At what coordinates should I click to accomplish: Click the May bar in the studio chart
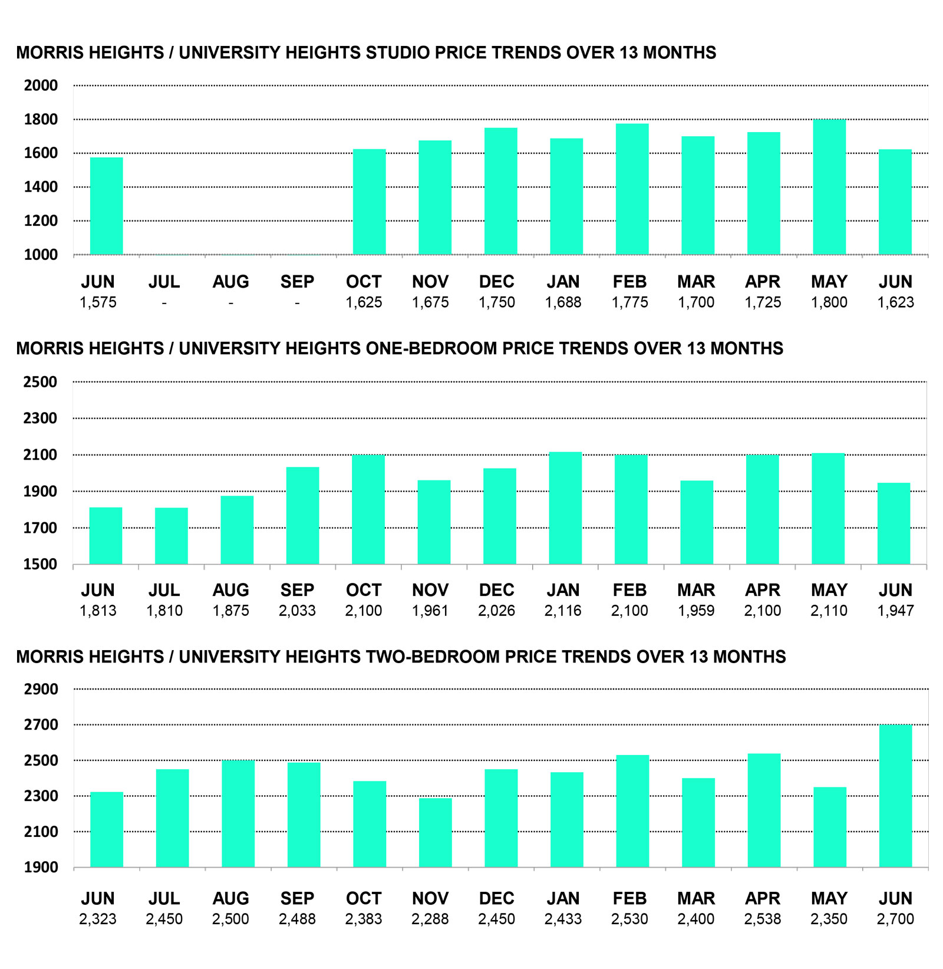tap(829, 187)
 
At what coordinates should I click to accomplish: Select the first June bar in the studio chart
tap(107, 206)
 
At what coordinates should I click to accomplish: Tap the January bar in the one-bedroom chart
tap(565, 508)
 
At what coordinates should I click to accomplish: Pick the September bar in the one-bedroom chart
tap(302, 516)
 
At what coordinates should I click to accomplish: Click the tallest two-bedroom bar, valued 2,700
tap(895, 796)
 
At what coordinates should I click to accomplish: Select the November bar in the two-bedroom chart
tap(436, 832)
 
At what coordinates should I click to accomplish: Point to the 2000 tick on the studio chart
tap(41, 85)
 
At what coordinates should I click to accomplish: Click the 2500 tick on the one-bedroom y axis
tap(41, 382)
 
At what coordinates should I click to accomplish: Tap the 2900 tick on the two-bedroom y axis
tap(41, 689)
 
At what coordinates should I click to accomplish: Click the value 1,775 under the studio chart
tap(629, 302)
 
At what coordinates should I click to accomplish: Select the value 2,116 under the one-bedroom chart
tap(563, 611)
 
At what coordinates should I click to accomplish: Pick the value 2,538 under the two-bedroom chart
tap(763, 919)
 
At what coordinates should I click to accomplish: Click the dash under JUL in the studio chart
tap(164, 303)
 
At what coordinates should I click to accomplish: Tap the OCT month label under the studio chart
tap(364, 282)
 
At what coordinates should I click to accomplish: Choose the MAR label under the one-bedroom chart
tap(696, 590)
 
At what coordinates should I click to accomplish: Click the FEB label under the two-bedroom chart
tap(629, 898)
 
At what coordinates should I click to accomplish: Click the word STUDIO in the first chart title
tap(398, 52)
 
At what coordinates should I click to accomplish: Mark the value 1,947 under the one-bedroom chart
tap(895, 611)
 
